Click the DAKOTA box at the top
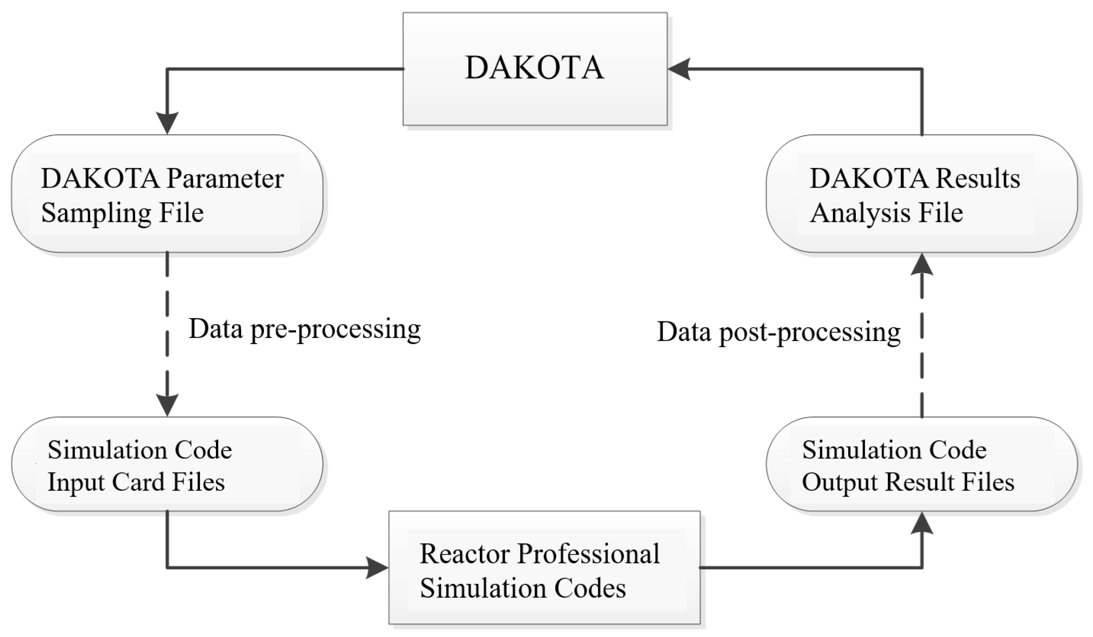[x=534, y=69]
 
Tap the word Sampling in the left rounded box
[x=95, y=214]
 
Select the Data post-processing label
[x=779, y=332]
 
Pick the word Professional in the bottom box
[x=589, y=554]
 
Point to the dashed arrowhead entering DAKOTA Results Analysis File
[x=921, y=264]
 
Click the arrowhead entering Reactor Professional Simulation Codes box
[x=376, y=567]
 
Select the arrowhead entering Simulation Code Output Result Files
[x=921, y=523]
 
